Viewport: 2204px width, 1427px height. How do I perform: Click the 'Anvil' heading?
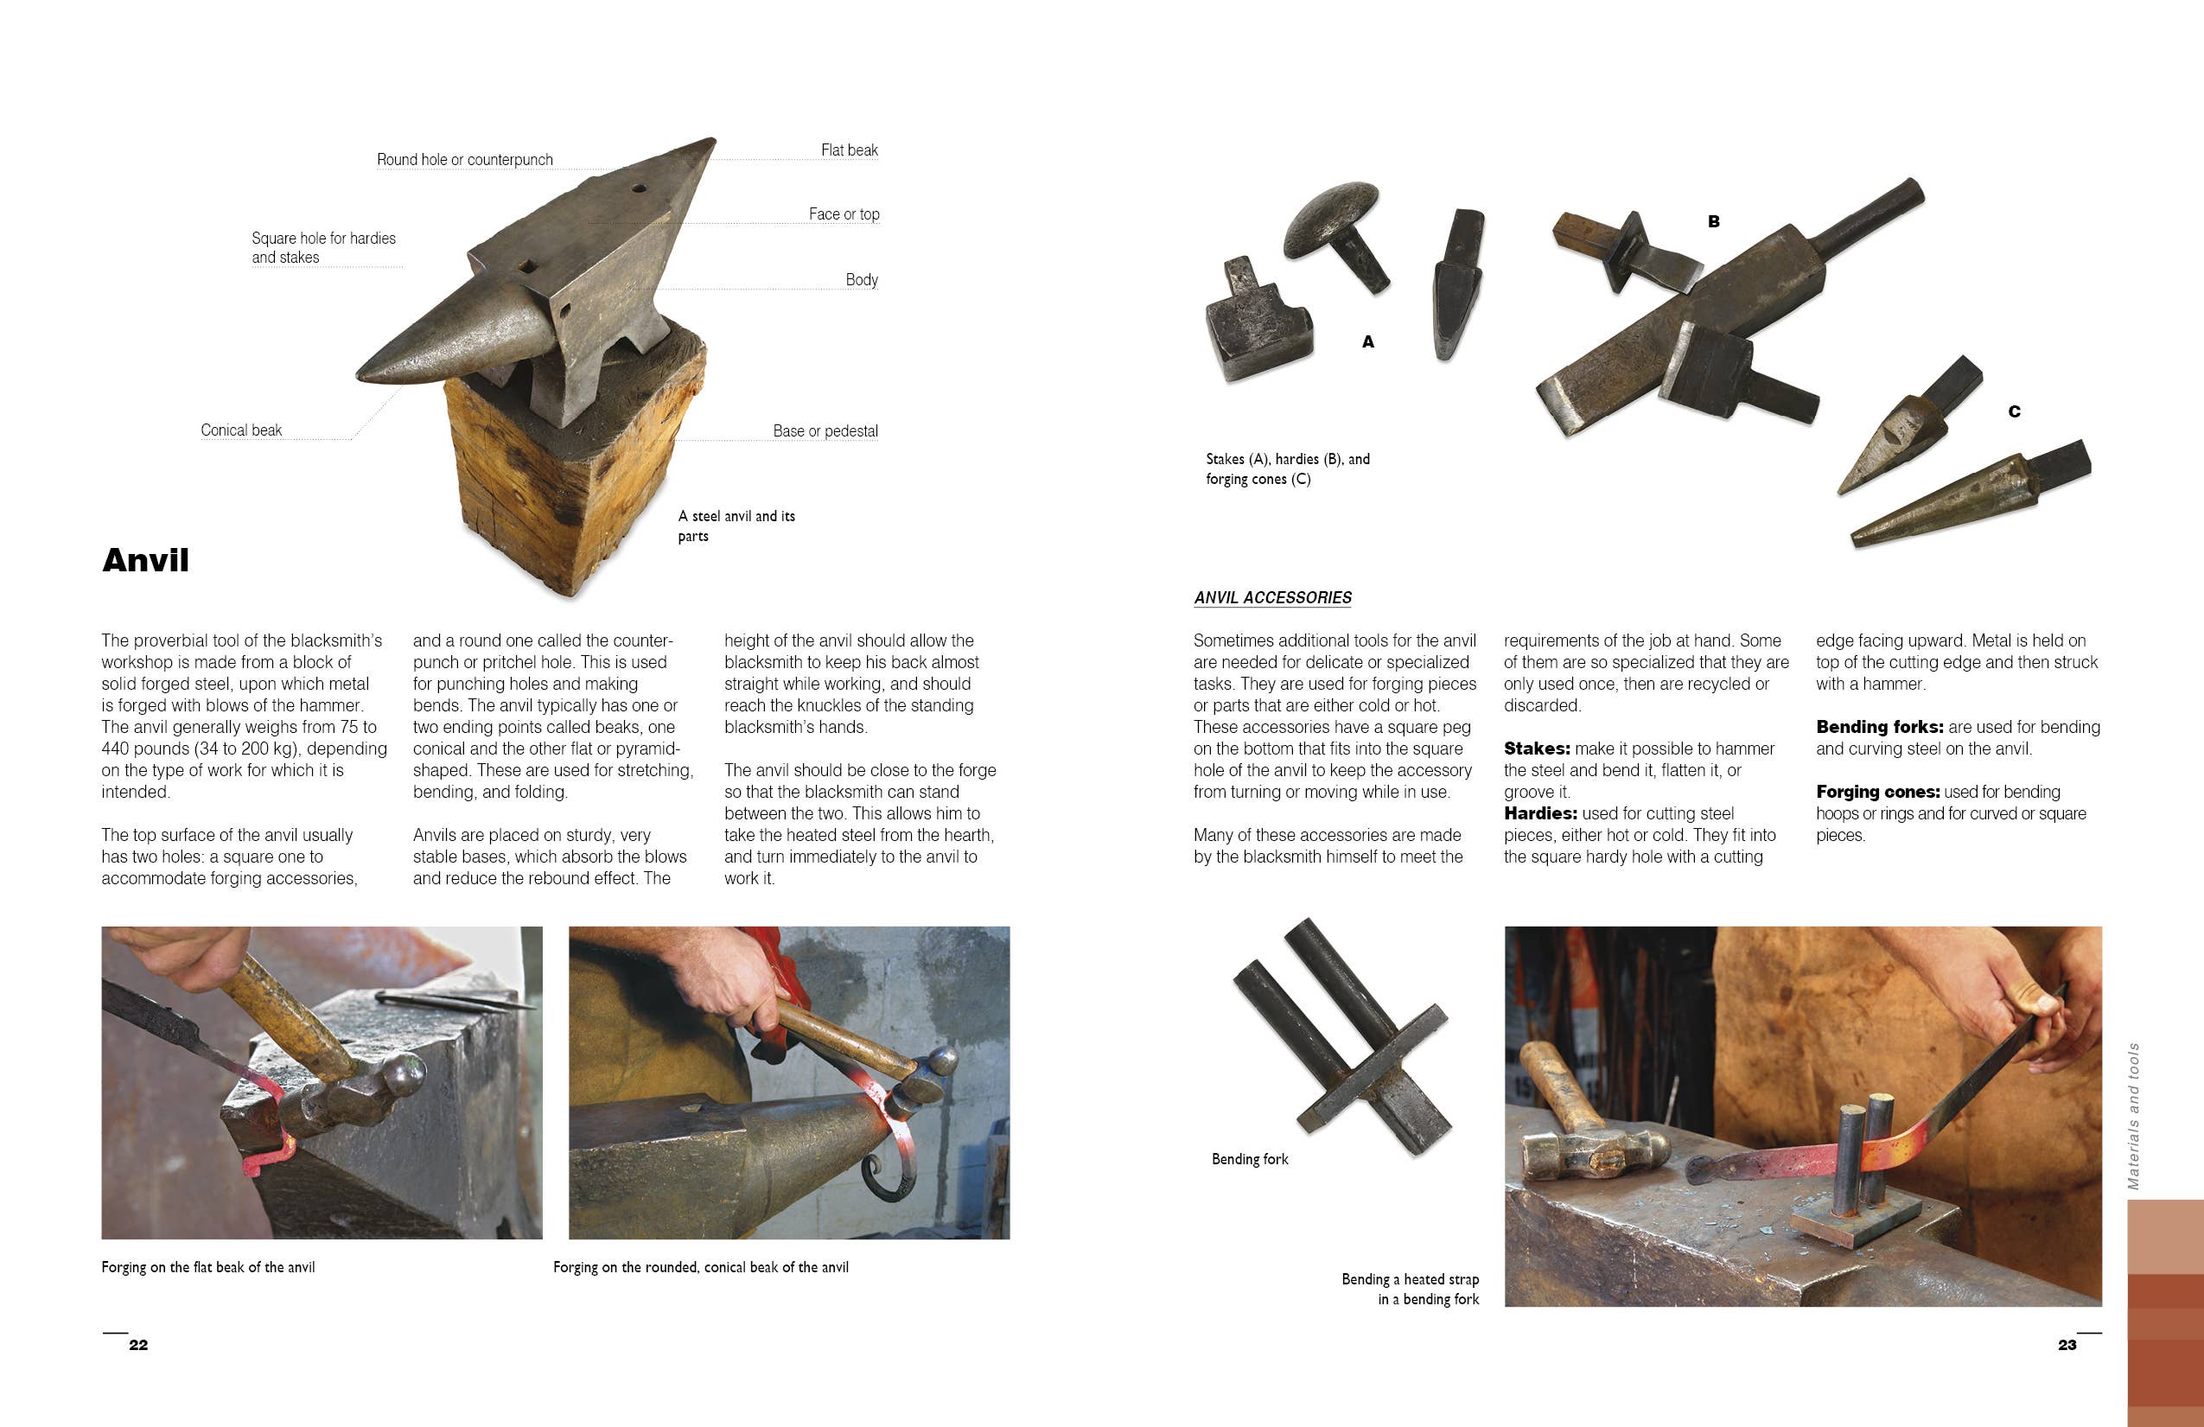[145, 560]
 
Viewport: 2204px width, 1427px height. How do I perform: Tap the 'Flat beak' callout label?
[848, 150]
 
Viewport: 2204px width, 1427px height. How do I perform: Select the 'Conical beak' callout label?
[241, 430]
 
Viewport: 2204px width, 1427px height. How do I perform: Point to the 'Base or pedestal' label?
[825, 430]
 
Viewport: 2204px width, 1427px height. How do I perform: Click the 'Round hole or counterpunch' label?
[464, 159]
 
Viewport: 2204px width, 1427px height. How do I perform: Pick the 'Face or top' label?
[843, 213]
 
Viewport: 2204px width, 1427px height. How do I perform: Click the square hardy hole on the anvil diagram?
[528, 267]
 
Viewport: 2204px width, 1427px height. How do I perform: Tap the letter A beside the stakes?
[1367, 341]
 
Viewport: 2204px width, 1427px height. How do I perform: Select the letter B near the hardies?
[1713, 221]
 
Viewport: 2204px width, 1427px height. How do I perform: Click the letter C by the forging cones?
[2013, 411]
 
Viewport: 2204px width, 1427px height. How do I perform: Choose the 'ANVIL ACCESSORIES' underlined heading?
[1272, 597]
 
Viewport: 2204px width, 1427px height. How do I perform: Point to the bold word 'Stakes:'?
[1537, 749]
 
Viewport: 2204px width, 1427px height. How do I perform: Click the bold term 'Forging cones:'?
[1877, 792]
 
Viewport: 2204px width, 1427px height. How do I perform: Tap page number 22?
[138, 1345]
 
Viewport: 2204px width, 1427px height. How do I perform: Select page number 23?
[2067, 1345]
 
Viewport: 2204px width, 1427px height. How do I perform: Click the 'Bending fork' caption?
[1249, 1158]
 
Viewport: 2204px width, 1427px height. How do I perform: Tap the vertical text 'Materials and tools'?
[2134, 1116]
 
